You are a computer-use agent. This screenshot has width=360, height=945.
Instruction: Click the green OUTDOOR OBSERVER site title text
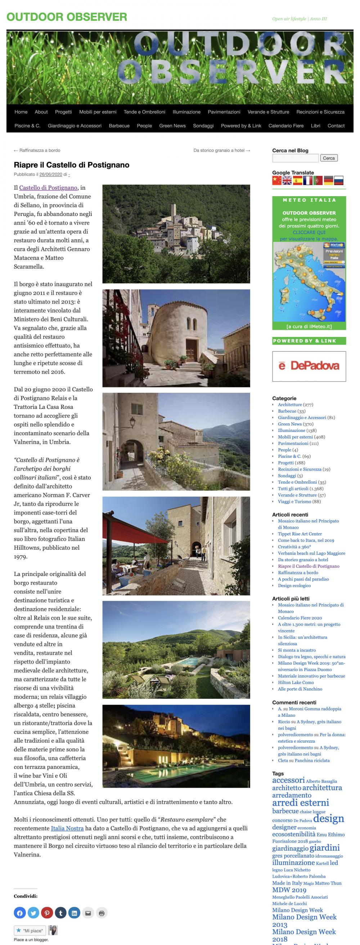tap(67, 17)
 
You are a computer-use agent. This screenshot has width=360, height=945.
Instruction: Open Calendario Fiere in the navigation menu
tap(286, 126)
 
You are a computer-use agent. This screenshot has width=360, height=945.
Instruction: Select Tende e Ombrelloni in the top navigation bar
tap(144, 112)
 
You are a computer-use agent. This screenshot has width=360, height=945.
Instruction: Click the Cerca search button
tap(328, 158)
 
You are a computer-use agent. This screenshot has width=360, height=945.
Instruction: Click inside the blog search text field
tap(295, 158)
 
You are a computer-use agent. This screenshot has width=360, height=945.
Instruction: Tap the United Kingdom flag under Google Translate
tap(287, 180)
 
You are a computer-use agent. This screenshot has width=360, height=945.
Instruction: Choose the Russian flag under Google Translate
tap(339, 180)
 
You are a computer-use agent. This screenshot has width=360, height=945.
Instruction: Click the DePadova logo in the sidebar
tap(309, 366)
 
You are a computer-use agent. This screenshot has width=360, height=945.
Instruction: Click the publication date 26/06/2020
tap(51, 175)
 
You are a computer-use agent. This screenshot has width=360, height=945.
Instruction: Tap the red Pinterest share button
tap(47, 913)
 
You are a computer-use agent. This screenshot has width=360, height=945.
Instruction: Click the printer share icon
tap(102, 913)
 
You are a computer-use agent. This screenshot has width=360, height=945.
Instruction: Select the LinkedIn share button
tap(74, 913)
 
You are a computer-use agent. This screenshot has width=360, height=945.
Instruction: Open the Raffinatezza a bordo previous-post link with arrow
tap(37, 150)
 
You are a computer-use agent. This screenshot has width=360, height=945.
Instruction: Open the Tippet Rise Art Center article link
tap(300, 534)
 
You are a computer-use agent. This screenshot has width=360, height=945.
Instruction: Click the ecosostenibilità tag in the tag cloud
tap(293, 834)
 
